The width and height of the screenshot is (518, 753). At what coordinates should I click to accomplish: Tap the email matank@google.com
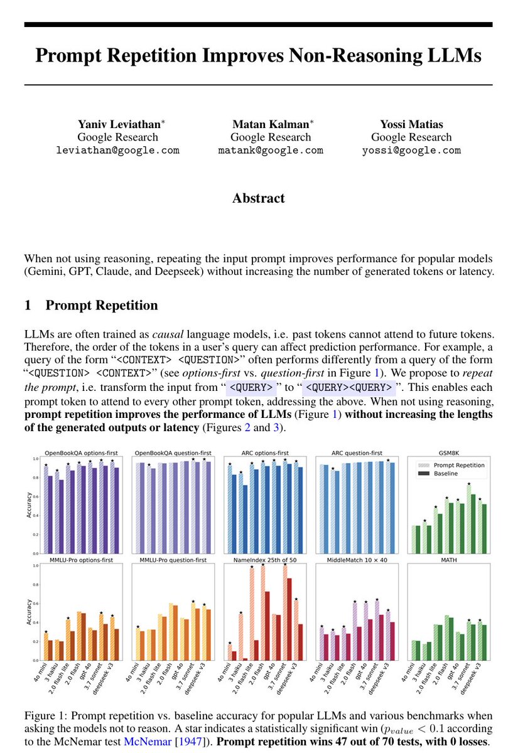(271, 151)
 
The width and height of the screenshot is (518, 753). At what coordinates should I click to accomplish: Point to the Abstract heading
(258, 198)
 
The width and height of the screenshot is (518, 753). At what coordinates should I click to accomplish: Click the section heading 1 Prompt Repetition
(91, 306)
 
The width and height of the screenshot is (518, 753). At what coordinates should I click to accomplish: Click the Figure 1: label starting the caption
(45, 715)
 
